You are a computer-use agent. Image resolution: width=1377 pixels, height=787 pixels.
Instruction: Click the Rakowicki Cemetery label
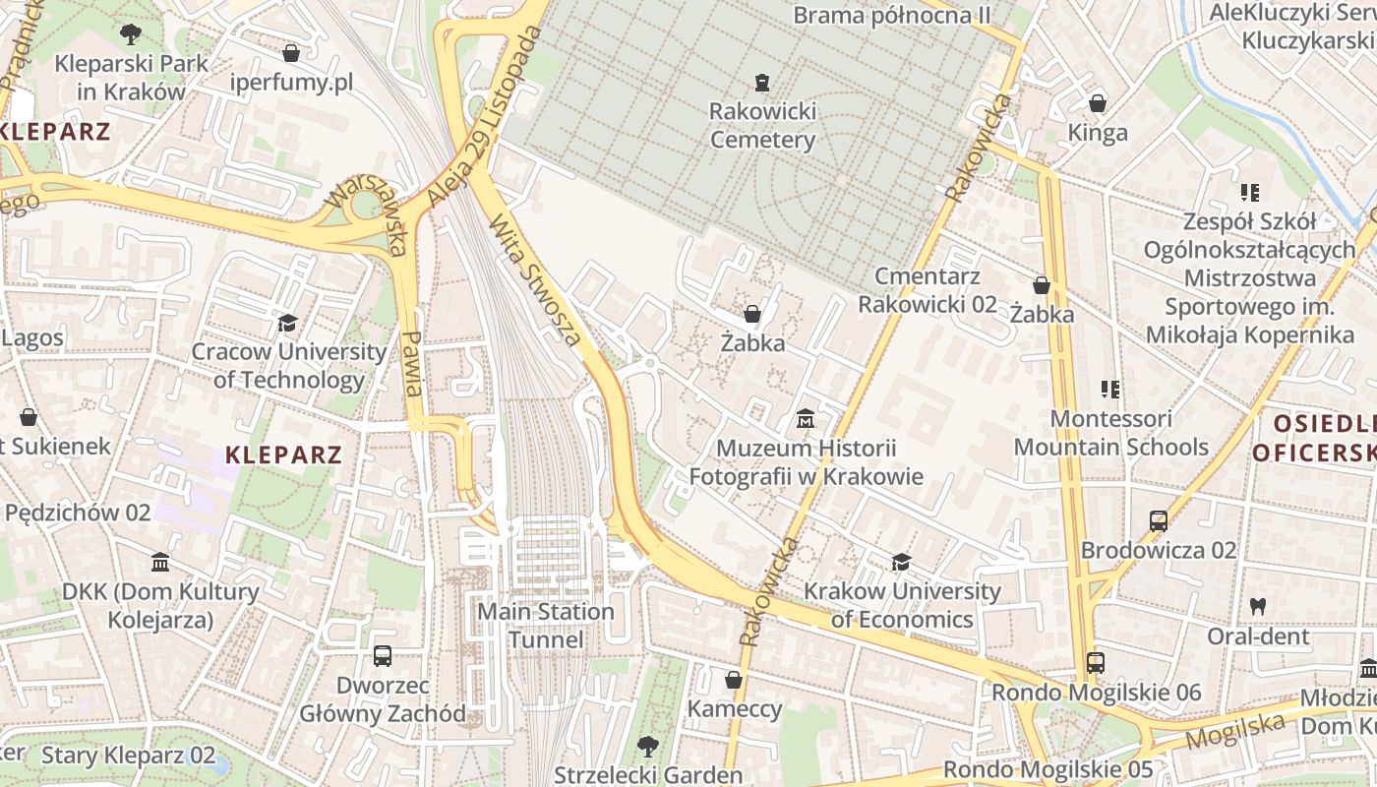762,125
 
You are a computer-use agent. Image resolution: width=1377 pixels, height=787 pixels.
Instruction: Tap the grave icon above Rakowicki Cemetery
761,82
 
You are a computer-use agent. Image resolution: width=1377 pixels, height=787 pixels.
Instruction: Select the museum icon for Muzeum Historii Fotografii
806,420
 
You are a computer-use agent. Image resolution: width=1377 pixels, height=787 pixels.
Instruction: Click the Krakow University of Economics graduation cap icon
900,562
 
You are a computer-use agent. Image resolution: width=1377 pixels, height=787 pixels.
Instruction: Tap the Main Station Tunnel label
546,626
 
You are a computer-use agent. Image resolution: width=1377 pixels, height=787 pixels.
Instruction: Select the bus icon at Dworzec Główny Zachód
383,655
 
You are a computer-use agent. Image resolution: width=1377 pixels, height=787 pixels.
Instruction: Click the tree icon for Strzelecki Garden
647,746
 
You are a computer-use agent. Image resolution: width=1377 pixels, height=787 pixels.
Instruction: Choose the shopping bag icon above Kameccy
733,680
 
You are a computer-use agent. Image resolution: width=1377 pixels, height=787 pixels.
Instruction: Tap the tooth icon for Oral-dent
1257,606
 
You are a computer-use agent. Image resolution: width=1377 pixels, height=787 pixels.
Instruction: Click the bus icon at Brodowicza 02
1159,520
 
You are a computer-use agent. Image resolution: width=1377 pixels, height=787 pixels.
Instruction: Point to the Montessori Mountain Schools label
1111,433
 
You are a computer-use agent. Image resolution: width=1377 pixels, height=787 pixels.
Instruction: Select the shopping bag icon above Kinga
1098,102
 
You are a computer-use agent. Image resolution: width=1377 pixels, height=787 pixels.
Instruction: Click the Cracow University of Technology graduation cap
287,323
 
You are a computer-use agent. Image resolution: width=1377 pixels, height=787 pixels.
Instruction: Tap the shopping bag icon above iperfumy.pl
290,52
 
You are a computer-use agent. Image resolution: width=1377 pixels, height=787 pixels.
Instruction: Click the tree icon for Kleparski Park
130,35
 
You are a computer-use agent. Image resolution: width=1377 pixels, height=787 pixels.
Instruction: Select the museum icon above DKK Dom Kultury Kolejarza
159,563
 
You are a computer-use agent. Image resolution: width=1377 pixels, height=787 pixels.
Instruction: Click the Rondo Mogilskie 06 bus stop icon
1096,663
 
